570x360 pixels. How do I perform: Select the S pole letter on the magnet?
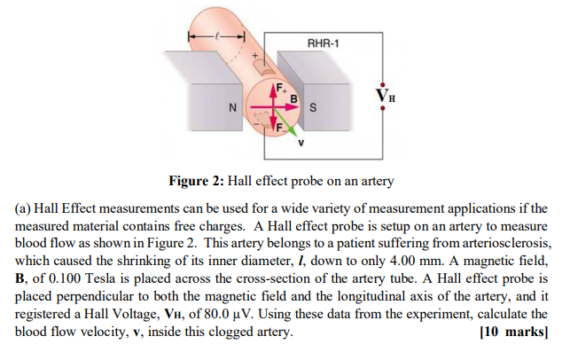(x=313, y=108)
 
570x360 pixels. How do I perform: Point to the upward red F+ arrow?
(x=273, y=92)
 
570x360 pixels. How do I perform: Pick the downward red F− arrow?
(x=274, y=124)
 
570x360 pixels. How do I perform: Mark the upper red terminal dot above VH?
(x=383, y=78)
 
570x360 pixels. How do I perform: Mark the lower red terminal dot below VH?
(x=383, y=109)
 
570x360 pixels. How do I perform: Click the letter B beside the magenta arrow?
(x=290, y=96)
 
